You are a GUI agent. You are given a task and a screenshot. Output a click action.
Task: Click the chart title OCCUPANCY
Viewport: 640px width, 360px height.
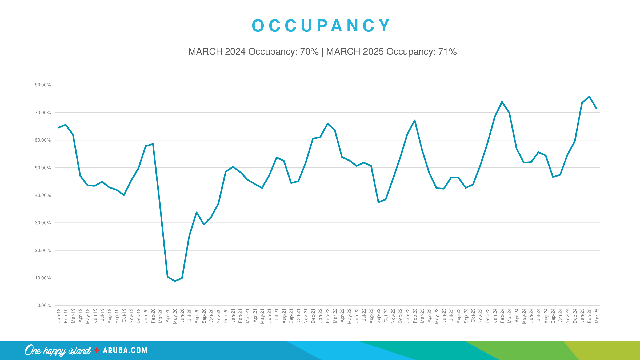(321, 26)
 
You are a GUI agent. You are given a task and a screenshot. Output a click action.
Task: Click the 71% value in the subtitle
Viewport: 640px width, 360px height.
(447, 51)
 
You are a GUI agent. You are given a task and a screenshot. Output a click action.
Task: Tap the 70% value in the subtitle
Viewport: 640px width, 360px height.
(309, 51)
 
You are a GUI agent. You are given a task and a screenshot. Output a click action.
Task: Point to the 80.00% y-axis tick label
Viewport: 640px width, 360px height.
(43, 85)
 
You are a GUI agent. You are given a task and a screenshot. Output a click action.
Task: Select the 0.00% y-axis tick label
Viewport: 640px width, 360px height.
(44, 305)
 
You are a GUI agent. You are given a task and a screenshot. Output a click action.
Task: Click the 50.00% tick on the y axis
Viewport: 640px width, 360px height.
(43, 168)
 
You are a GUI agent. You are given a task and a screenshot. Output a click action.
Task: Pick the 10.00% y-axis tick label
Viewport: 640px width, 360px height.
(43, 278)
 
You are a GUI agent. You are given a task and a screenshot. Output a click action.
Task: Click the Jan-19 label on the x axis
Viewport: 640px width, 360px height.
(59, 315)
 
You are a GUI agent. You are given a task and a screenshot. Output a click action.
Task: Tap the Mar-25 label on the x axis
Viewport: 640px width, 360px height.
(597, 316)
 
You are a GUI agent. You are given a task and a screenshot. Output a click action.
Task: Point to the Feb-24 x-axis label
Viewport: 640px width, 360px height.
(502, 316)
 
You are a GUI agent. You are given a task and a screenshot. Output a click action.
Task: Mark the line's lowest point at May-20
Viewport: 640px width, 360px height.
(175, 281)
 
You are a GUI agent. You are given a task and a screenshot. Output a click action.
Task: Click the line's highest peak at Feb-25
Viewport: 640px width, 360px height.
(589, 97)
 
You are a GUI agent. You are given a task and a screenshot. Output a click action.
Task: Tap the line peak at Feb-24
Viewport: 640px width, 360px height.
(502, 102)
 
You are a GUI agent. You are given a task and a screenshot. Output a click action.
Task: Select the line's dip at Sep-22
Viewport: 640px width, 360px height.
(378, 202)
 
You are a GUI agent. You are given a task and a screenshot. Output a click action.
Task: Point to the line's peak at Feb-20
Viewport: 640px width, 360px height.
(153, 144)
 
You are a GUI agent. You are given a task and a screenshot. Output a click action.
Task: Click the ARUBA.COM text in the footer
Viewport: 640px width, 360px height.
(125, 350)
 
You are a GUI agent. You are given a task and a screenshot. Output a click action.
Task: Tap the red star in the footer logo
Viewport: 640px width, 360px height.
(97, 350)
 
